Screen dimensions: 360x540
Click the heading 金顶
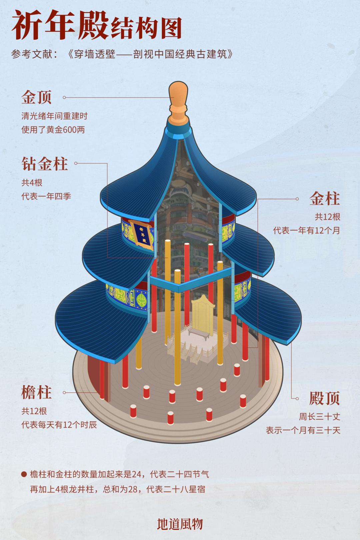(x=36, y=97)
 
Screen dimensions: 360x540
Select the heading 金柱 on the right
(x=325, y=199)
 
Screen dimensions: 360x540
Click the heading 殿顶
(x=325, y=398)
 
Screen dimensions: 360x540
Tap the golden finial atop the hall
(x=178, y=103)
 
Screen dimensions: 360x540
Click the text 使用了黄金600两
(x=53, y=130)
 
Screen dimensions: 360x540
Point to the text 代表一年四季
(x=46, y=196)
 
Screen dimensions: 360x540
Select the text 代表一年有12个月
(x=306, y=230)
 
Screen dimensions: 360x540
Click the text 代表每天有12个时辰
(x=59, y=425)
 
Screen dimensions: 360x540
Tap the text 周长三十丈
(x=319, y=416)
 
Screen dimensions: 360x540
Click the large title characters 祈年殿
(x=60, y=25)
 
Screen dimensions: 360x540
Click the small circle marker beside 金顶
(x=64, y=97)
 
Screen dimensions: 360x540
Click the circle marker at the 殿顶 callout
(x=297, y=398)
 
